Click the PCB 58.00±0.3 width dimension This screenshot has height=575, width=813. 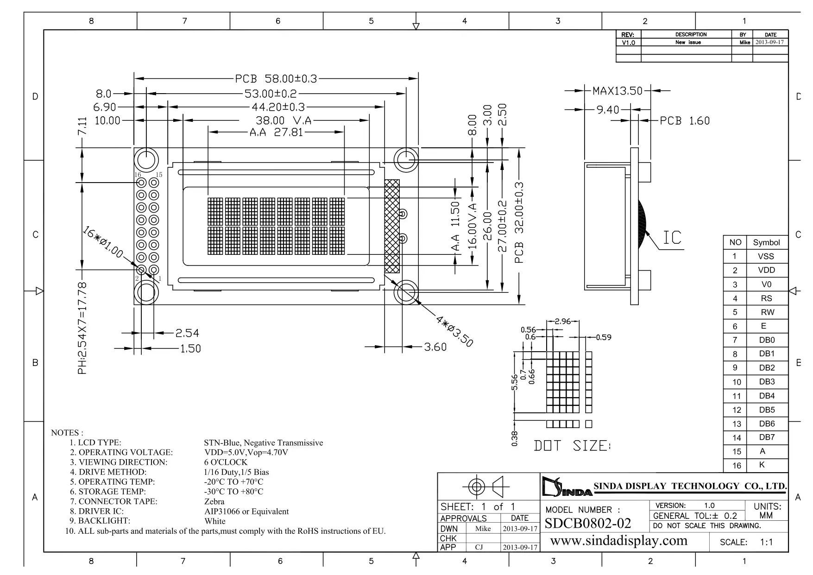coord(276,79)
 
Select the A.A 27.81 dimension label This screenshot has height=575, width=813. coord(276,133)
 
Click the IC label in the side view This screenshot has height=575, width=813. coord(672,238)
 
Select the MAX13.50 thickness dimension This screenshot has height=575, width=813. coord(618,91)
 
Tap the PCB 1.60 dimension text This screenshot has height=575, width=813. coord(685,121)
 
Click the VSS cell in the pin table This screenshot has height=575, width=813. coord(766,256)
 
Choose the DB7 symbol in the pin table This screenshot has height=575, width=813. coord(767,437)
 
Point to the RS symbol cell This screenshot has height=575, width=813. coord(767,298)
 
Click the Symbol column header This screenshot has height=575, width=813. coord(766,242)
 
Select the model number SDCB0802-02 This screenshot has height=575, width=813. coord(588,523)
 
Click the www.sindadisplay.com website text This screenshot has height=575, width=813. coord(618,541)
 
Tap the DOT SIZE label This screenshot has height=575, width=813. coord(572,446)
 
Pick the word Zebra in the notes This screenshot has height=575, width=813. coord(214,501)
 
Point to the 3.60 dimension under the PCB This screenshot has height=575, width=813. coord(435,347)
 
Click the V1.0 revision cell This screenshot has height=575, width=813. coord(628,43)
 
